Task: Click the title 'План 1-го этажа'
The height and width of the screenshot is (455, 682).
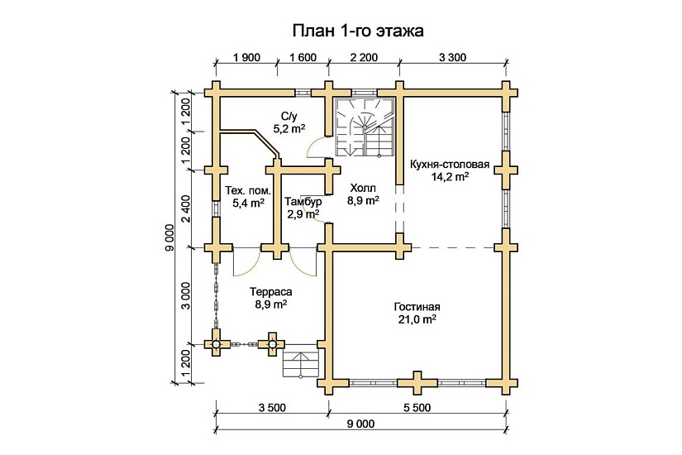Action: click(357, 31)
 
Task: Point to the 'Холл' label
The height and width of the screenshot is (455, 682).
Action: click(363, 187)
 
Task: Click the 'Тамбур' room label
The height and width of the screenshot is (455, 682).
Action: click(303, 202)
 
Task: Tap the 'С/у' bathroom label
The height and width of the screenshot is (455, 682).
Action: click(289, 116)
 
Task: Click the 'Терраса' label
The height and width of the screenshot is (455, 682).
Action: click(270, 292)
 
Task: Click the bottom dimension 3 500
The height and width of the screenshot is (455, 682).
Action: click(272, 408)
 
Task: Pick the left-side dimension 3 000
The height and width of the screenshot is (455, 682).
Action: click(186, 295)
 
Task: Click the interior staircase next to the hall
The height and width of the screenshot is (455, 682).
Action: click(365, 126)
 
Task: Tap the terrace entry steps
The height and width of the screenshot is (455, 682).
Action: click(301, 362)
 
